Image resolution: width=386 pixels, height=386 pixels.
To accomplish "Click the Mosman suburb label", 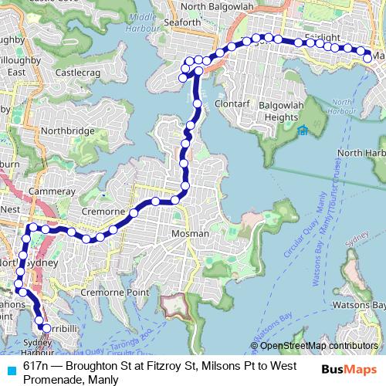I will [190, 233].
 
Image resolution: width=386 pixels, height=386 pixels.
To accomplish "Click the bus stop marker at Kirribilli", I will [46, 329].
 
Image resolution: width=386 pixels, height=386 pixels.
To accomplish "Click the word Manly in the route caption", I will [103, 379].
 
